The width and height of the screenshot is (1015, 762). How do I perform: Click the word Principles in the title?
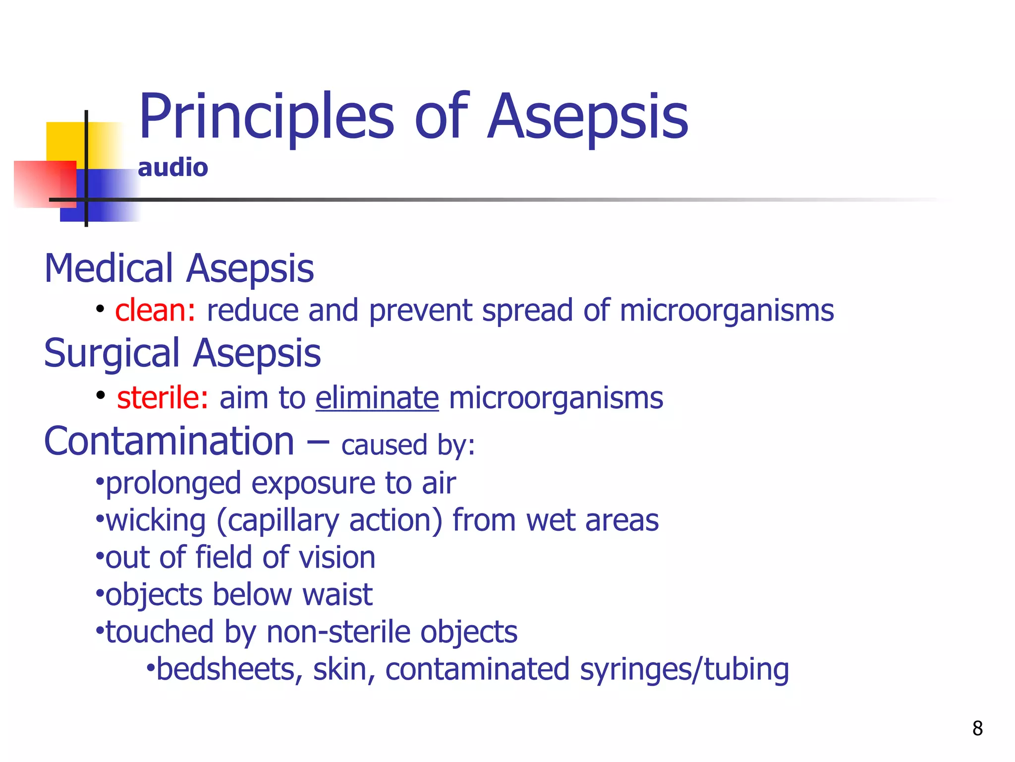[266, 117]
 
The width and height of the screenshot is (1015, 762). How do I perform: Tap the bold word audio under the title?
[172, 168]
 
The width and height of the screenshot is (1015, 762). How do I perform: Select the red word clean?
[155, 311]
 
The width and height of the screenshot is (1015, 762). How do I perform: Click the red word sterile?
[163, 398]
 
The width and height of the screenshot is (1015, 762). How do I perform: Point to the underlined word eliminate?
[377, 398]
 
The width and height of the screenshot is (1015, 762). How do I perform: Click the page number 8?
[977, 728]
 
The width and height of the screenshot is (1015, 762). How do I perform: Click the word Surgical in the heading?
[112, 353]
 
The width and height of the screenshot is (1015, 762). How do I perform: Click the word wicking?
[156, 520]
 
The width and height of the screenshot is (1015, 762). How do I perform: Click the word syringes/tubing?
[684, 669]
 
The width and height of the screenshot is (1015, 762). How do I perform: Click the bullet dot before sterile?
[101, 395]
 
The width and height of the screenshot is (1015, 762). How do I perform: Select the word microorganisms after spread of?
[727, 311]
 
